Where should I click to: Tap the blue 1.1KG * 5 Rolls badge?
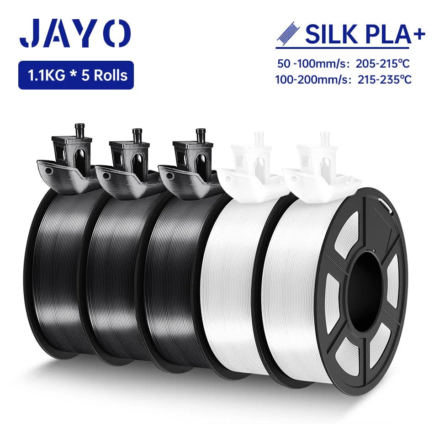(x=76, y=75)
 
